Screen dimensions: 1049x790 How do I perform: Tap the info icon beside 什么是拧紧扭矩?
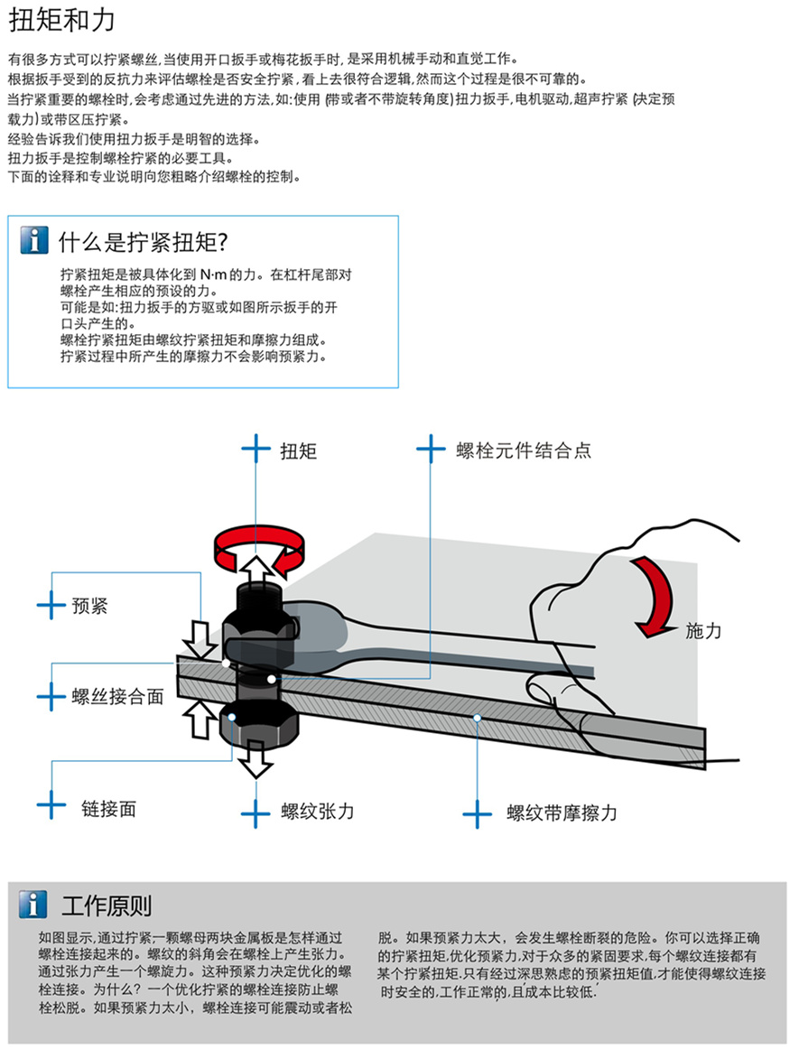[33, 240]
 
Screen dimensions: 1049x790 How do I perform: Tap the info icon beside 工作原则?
[33, 905]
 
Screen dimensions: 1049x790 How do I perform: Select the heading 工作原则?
[107, 905]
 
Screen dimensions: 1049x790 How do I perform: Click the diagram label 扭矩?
[298, 450]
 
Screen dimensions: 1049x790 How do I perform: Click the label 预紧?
[89, 606]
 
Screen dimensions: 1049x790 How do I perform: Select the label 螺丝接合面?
[118, 696]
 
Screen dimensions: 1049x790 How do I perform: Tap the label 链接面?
[108, 808]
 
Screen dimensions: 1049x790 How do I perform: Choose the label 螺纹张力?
[317, 811]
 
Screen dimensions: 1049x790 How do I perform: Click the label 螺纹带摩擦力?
[562, 812]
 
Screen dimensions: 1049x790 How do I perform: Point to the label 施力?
[703, 631]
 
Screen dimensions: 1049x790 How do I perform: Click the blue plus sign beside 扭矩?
[256, 449]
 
